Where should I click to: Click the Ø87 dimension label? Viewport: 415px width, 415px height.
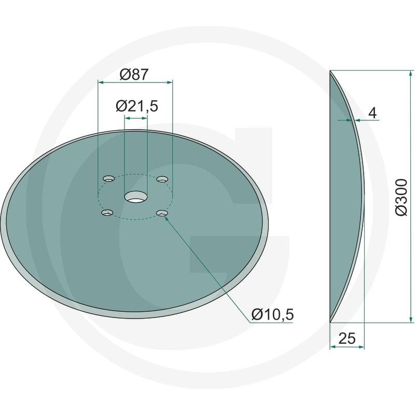134,74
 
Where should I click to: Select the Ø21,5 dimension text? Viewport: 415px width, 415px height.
137,106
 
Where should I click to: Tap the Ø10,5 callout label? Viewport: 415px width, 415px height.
273,315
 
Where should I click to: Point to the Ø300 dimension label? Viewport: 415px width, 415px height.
401,197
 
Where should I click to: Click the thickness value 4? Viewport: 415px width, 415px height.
372,113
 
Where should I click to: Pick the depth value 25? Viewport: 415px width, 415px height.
347,339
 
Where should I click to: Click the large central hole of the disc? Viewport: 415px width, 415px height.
136,198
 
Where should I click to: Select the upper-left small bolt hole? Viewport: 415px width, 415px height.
108,178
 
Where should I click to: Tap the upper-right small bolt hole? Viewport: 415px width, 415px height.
162,178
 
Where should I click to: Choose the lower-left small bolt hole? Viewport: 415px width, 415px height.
107,212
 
